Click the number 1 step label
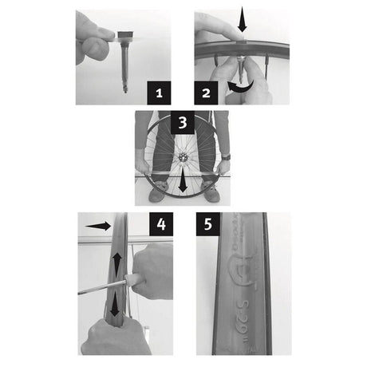[160, 93]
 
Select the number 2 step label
[207, 93]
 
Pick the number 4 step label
[160, 225]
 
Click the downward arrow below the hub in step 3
[183, 181]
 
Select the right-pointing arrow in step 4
[98, 226]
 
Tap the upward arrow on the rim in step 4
[116, 261]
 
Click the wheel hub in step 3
[183, 158]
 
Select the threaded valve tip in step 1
[126, 89]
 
